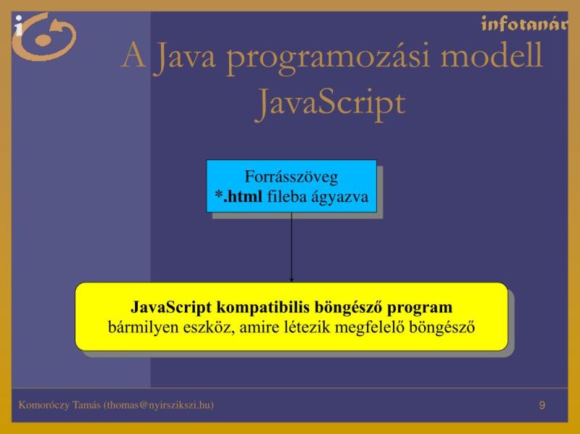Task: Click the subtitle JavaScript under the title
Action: click(330, 102)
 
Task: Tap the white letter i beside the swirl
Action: click(18, 25)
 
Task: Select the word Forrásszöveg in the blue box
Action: click(291, 176)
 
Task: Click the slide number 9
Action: click(542, 404)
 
